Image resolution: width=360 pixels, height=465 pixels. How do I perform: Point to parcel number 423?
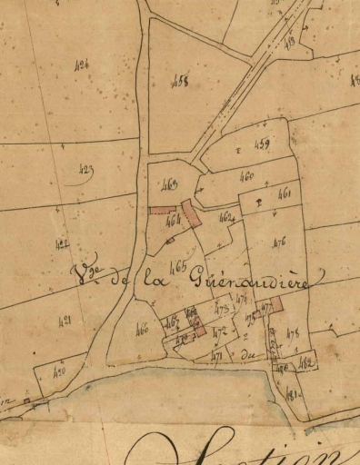(86, 169)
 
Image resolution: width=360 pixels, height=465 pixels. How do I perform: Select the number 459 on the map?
(263, 143)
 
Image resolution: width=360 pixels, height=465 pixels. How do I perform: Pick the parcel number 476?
(279, 241)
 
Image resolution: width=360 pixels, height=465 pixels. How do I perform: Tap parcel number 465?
(176, 265)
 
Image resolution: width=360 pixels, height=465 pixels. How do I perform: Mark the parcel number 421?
(64, 321)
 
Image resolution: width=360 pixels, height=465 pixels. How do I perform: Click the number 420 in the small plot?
(59, 372)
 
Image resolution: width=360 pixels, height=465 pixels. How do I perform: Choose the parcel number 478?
(293, 334)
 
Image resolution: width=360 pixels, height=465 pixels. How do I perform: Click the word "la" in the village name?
(147, 282)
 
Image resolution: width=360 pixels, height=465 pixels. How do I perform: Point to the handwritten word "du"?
(249, 357)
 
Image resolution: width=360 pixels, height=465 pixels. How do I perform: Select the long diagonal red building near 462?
(191, 214)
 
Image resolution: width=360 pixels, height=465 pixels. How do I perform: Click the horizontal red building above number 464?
(162, 209)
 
